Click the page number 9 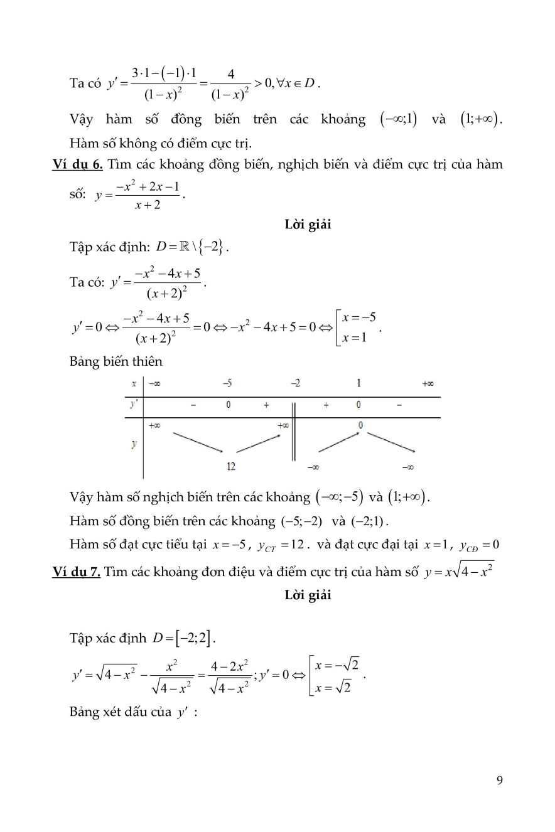point(499,781)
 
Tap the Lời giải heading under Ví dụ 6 point(308,225)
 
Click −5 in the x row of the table point(228,383)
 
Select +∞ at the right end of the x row point(428,383)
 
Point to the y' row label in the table point(134,405)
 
